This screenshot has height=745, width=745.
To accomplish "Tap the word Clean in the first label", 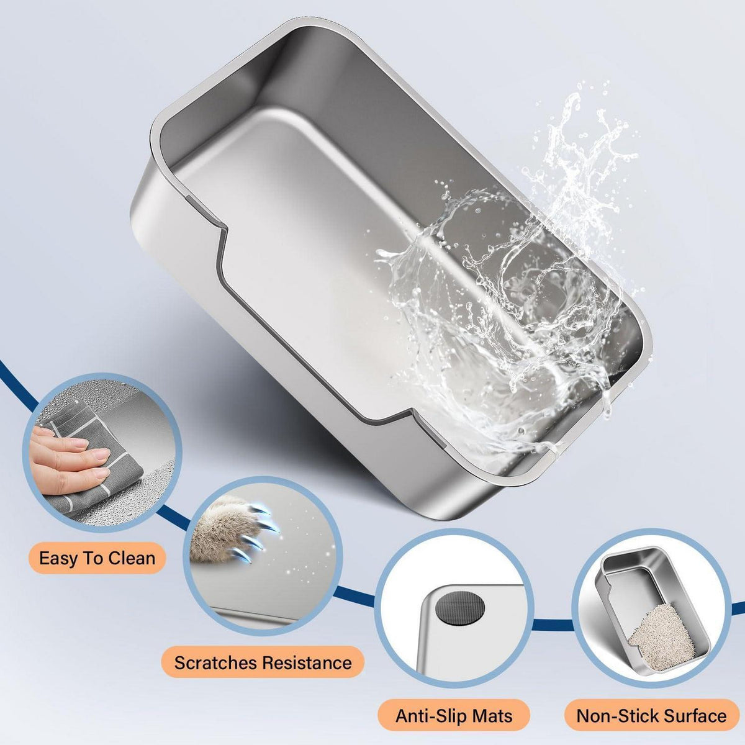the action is coord(132,558).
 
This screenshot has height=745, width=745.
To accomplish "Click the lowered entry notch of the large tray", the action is coord(309,317).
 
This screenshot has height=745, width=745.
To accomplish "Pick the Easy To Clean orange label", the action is coord(97,558).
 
